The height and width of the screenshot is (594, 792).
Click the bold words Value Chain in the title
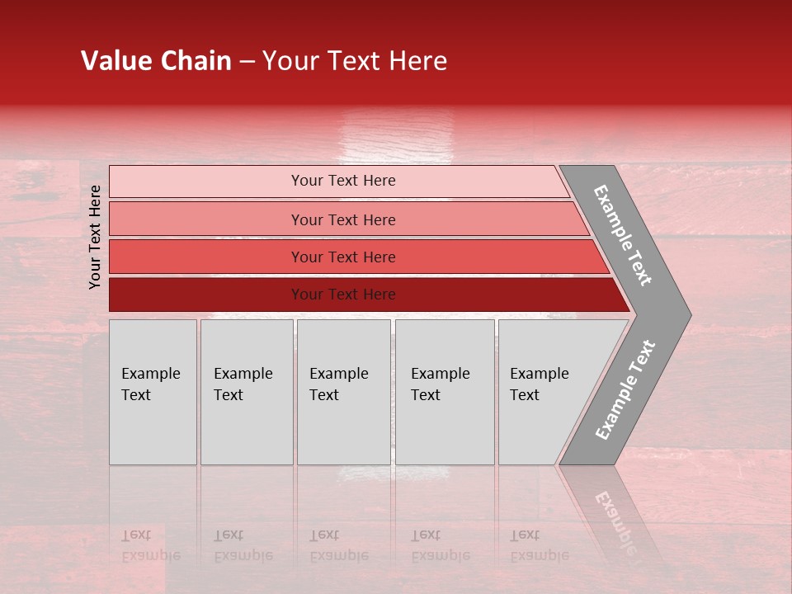coord(156,61)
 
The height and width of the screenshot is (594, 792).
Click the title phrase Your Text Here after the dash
coord(355,61)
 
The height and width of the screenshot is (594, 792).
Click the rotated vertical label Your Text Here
coord(95,237)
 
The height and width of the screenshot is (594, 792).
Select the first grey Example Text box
coord(153,392)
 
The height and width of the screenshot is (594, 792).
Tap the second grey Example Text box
coord(246,392)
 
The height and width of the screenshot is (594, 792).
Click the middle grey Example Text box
coord(343,392)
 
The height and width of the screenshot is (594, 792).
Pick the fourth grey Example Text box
coord(445,392)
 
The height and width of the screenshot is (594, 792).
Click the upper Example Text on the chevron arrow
coord(623,235)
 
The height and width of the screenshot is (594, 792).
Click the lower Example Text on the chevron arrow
coord(625,390)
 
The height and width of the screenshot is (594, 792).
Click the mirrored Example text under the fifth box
coord(540,554)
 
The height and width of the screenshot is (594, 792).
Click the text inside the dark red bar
coord(343,295)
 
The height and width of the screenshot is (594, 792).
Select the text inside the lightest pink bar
coord(343,181)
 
